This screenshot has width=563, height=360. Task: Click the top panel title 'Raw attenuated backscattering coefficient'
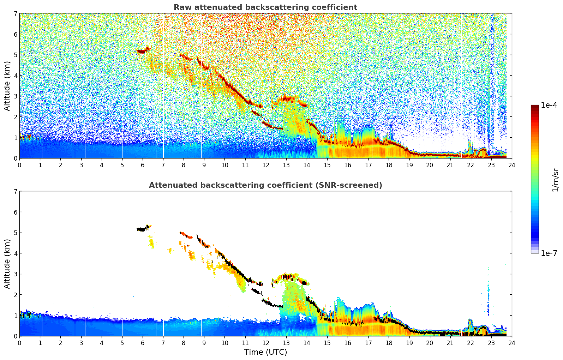tap(265, 7)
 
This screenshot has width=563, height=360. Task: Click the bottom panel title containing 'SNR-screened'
tap(265, 185)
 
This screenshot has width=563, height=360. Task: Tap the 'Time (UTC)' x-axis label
tap(265, 352)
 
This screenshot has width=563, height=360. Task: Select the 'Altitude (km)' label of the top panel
tap(7, 86)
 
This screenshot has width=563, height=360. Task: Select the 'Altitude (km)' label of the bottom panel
tap(7, 264)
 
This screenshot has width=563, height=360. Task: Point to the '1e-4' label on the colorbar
tap(549, 105)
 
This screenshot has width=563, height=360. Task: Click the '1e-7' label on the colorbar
tap(549, 253)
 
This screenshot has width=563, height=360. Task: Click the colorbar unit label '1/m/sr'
tap(555, 180)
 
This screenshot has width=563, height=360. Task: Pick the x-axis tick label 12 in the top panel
tap(265, 165)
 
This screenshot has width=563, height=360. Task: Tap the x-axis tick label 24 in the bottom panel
tap(511, 343)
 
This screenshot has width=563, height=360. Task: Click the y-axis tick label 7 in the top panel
tap(15, 14)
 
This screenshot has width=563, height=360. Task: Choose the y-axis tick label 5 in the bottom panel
tap(15, 233)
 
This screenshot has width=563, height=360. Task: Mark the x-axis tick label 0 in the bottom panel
tap(19, 343)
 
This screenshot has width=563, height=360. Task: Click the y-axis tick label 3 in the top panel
tap(15, 96)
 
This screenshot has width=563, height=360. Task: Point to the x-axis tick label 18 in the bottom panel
tap(389, 343)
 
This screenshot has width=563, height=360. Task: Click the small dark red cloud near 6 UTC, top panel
tap(142, 51)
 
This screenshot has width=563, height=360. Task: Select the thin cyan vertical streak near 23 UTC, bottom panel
tap(489, 293)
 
